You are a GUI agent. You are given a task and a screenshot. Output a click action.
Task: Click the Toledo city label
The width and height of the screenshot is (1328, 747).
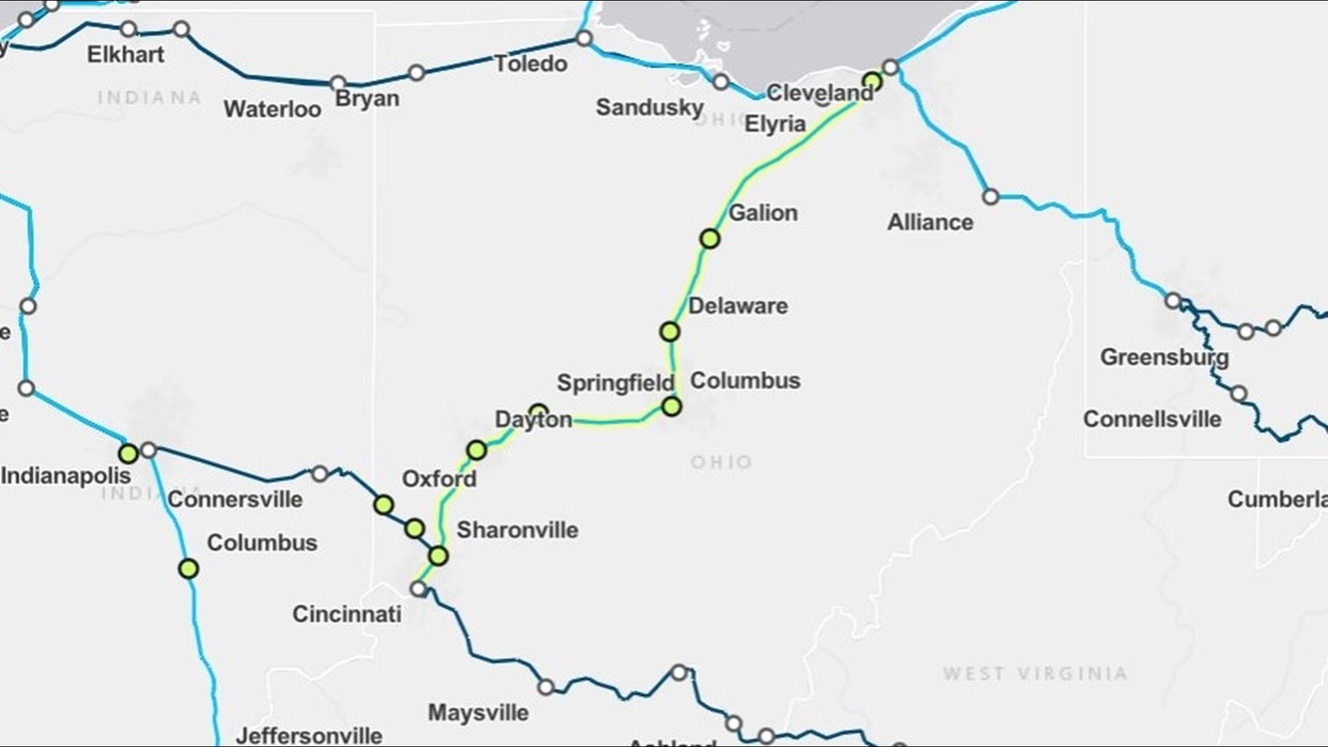531,64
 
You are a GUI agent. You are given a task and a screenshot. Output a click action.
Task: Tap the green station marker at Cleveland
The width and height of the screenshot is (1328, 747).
872,82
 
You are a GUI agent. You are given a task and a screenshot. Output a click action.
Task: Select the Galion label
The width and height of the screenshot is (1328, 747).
763,213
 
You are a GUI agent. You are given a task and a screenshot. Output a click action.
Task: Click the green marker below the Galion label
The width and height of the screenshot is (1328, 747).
710,239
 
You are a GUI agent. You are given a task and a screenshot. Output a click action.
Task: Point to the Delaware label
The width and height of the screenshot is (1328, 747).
738,306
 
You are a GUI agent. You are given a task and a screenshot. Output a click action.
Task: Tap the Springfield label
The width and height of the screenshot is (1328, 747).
615,383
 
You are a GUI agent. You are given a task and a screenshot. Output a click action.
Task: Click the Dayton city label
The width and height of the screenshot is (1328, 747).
533,420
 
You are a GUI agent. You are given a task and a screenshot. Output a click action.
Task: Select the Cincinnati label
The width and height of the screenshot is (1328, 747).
347,614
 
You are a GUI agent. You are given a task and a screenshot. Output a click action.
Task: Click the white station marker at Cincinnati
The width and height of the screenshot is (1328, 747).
418,589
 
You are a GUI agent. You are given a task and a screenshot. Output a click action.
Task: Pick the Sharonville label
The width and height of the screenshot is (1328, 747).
517,531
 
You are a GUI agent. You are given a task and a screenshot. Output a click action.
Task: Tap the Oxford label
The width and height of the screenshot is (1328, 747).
439,479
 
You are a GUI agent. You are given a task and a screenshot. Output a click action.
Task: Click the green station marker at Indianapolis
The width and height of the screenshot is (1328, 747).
129,454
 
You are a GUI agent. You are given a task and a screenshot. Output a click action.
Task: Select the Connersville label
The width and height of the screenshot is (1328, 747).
235,499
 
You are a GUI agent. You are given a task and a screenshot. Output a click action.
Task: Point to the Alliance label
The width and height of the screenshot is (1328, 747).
930,223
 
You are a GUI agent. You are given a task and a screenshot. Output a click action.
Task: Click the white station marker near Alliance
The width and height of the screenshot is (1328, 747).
990,197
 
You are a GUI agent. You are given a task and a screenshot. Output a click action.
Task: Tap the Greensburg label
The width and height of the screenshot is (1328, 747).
1164,358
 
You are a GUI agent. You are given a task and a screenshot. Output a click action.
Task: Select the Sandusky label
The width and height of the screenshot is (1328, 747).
649,108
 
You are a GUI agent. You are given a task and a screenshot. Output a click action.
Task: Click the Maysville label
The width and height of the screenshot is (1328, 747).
478,713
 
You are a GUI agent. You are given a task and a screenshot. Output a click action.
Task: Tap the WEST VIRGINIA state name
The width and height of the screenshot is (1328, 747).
1035,674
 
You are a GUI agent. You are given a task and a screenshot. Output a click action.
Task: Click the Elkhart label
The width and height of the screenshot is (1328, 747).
126,55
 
